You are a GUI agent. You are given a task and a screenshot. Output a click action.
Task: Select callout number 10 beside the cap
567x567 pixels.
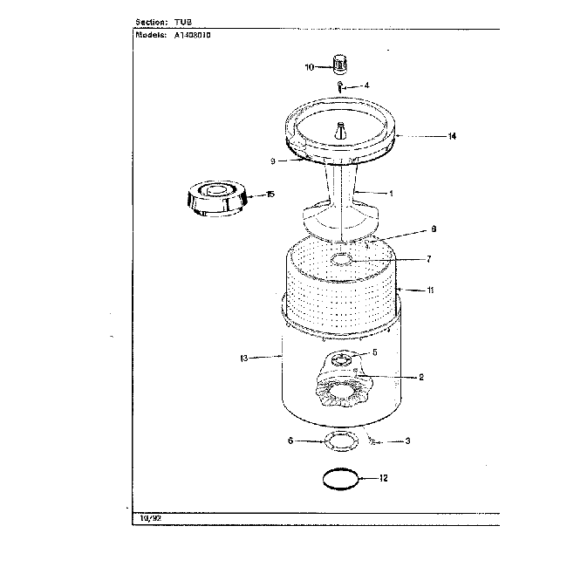point(309,66)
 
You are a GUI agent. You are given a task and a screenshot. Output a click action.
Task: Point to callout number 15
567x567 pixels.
point(270,194)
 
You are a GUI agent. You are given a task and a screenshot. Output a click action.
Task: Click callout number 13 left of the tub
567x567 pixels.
point(243,358)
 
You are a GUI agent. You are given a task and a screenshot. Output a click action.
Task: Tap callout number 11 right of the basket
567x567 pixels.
point(428,289)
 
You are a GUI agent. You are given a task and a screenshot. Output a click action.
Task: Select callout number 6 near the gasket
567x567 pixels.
point(290,441)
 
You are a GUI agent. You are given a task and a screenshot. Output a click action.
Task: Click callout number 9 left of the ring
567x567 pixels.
point(272,161)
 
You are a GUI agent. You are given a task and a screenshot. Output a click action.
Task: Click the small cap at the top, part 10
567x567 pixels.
point(339,63)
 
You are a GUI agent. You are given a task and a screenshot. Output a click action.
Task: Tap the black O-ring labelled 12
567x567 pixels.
point(339,478)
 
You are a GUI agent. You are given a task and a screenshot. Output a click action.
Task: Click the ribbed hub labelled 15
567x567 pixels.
point(215,197)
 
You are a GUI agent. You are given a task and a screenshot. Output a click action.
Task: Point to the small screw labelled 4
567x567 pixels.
point(341,86)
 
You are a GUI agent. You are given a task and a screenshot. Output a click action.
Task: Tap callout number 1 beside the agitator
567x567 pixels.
point(391,193)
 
